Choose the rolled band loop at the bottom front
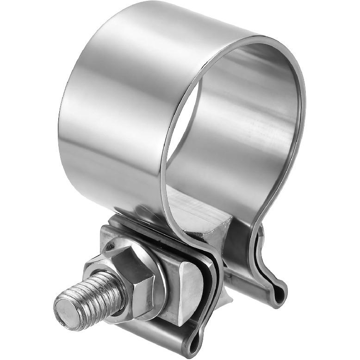click(x=194, y=340)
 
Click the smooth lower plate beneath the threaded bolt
click(x=139, y=333)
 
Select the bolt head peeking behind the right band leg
click(x=261, y=231)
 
